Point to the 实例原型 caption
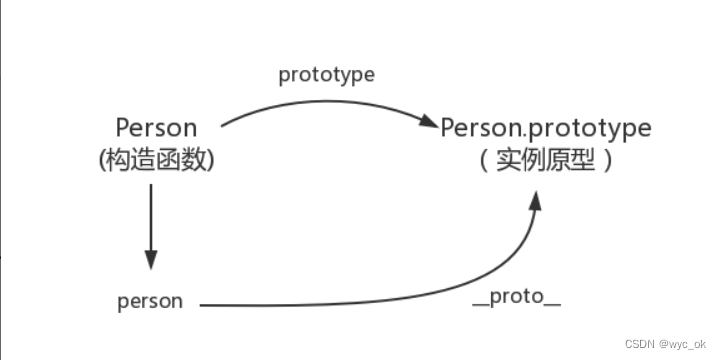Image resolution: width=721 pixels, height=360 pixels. point(546,160)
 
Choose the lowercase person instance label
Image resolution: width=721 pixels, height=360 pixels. point(150,301)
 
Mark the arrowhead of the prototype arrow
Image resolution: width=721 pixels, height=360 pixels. point(430,124)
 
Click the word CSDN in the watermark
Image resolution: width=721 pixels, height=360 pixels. point(640,342)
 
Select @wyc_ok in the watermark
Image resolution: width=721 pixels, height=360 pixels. point(684,342)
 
